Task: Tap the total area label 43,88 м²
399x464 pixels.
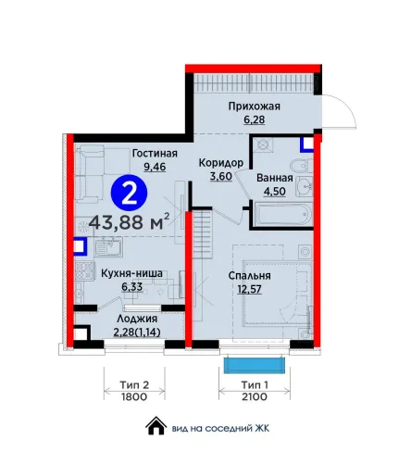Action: coord(130,221)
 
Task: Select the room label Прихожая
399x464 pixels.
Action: coord(255,107)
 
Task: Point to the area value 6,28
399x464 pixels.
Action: coord(255,119)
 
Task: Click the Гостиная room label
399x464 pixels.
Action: coord(155,154)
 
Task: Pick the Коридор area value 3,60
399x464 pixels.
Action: coord(221,176)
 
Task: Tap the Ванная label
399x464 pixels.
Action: coord(275,178)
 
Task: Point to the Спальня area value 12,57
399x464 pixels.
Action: coord(249,289)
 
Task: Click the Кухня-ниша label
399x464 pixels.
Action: coord(132,273)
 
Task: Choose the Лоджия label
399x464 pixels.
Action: coord(137,319)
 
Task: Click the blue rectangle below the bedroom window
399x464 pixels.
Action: coord(254,365)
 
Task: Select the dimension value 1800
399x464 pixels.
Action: coord(134,396)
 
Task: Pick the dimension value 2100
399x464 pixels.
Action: coord(255,396)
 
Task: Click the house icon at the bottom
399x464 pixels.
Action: coord(156,426)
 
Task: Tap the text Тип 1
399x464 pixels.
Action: coord(255,385)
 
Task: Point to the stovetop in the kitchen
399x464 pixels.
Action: coord(84,270)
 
